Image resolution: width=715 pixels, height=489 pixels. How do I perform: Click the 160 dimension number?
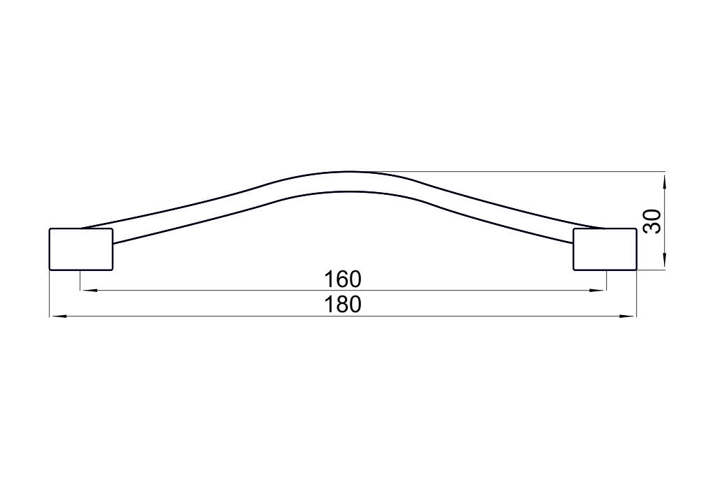click(x=342, y=279)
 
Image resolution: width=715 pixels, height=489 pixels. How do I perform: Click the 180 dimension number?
click(x=342, y=305)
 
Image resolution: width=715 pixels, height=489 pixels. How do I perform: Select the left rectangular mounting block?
click(x=81, y=249)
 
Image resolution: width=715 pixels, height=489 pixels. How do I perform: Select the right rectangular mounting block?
click(x=605, y=249)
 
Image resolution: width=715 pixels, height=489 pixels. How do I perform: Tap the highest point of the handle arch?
click(x=348, y=173)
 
